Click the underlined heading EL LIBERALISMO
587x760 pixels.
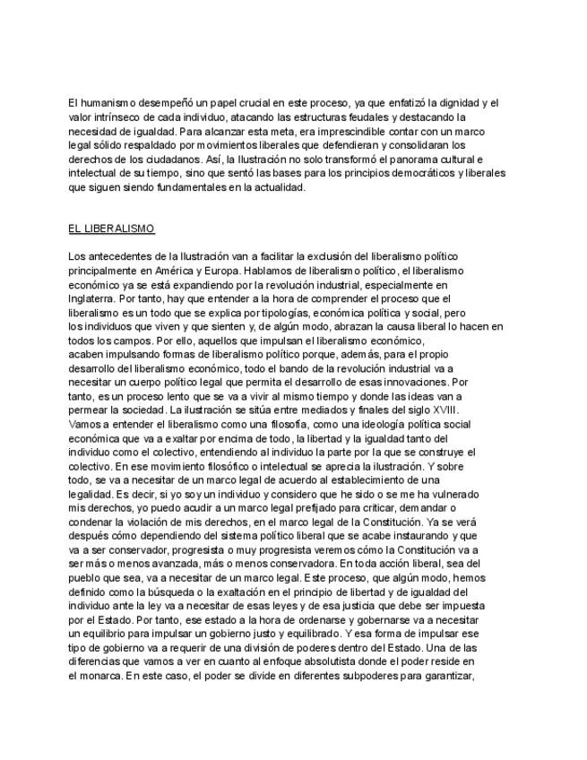pyautogui.click(x=111, y=229)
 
